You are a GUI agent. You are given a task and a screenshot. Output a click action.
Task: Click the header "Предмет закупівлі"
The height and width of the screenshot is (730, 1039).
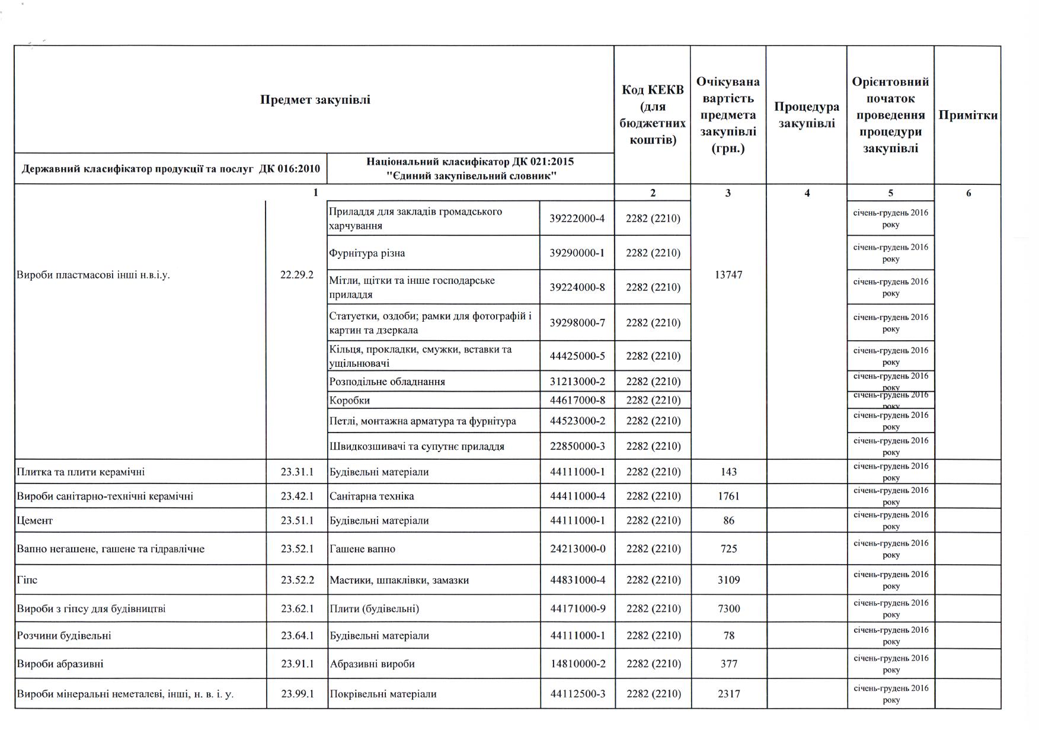(x=315, y=100)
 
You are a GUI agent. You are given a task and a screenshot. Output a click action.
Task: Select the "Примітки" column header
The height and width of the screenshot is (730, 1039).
(x=968, y=115)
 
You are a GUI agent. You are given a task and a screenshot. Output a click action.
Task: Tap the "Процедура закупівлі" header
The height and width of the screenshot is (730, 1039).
(x=806, y=115)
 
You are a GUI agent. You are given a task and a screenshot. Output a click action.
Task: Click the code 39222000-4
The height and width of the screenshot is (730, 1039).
(x=577, y=219)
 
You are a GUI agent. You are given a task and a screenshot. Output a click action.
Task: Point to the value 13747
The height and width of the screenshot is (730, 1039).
(x=728, y=275)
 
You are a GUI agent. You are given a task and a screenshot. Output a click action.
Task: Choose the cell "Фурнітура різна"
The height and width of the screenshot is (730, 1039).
(x=367, y=253)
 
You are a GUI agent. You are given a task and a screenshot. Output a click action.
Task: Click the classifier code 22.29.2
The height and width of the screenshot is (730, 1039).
(x=297, y=275)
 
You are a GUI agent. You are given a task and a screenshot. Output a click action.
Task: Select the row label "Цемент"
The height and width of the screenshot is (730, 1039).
(x=35, y=520)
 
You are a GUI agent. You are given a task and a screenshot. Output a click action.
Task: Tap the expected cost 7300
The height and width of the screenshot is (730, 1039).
(x=728, y=609)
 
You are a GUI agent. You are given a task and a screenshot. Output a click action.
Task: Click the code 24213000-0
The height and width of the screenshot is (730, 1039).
(x=577, y=549)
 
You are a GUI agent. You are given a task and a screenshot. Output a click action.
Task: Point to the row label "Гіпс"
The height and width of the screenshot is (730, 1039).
(x=27, y=579)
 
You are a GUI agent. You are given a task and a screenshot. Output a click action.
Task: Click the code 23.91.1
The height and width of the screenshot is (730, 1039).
(x=297, y=664)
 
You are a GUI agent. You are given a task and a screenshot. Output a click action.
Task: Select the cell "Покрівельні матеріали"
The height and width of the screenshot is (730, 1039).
(x=383, y=694)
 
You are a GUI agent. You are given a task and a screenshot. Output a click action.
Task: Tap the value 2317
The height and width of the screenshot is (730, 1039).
(x=728, y=694)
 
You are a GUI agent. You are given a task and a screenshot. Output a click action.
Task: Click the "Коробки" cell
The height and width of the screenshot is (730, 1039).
(x=350, y=401)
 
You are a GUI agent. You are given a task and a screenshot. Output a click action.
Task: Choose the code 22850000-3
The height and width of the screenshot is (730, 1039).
(x=577, y=446)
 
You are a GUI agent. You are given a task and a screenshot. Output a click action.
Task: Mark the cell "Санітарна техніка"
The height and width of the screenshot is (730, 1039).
(x=372, y=496)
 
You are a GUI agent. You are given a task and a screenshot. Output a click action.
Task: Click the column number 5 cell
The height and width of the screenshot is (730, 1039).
(x=890, y=193)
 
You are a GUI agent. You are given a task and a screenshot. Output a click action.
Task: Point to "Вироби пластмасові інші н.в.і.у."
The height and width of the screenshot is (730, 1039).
(x=94, y=275)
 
